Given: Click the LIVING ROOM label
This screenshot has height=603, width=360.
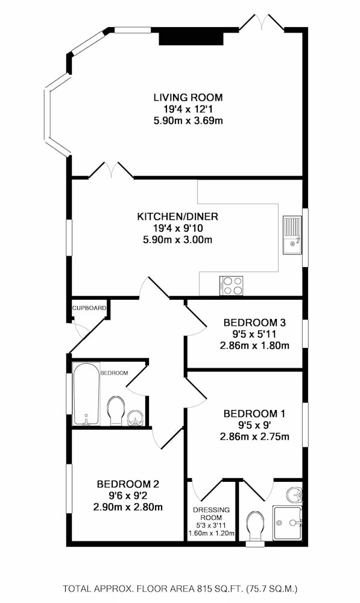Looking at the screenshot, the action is [188, 97].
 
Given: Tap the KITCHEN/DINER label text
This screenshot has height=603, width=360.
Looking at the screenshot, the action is [177, 216].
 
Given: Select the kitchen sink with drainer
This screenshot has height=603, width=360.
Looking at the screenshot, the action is [293, 235].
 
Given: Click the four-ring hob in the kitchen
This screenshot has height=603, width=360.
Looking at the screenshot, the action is [232, 286].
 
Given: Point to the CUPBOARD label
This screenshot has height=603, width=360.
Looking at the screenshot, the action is [89, 308].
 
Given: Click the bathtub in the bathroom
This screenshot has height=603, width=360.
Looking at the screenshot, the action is [87, 394].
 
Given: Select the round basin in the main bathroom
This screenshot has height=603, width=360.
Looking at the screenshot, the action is [135, 418].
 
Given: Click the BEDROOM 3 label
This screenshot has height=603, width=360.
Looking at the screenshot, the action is [254, 322].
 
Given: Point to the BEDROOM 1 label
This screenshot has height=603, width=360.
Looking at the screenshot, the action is [254, 414].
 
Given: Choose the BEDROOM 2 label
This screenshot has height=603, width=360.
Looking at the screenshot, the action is [128, 484].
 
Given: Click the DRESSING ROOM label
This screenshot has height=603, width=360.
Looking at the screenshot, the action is [211, 513].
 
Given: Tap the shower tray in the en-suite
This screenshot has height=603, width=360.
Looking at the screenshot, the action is [288, 523].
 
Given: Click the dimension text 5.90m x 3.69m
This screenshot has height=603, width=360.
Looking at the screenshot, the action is [188, 121].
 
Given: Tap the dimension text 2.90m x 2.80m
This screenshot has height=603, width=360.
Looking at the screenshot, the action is [128, 507].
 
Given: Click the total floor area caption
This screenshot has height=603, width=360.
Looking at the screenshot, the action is [180, 589].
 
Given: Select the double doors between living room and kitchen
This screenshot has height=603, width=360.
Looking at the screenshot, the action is [111, 171].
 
